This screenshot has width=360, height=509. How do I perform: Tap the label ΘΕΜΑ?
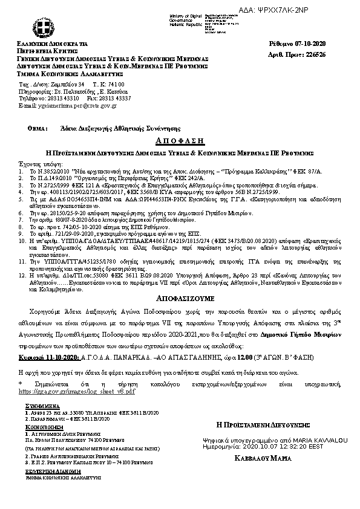coord(38,129)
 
